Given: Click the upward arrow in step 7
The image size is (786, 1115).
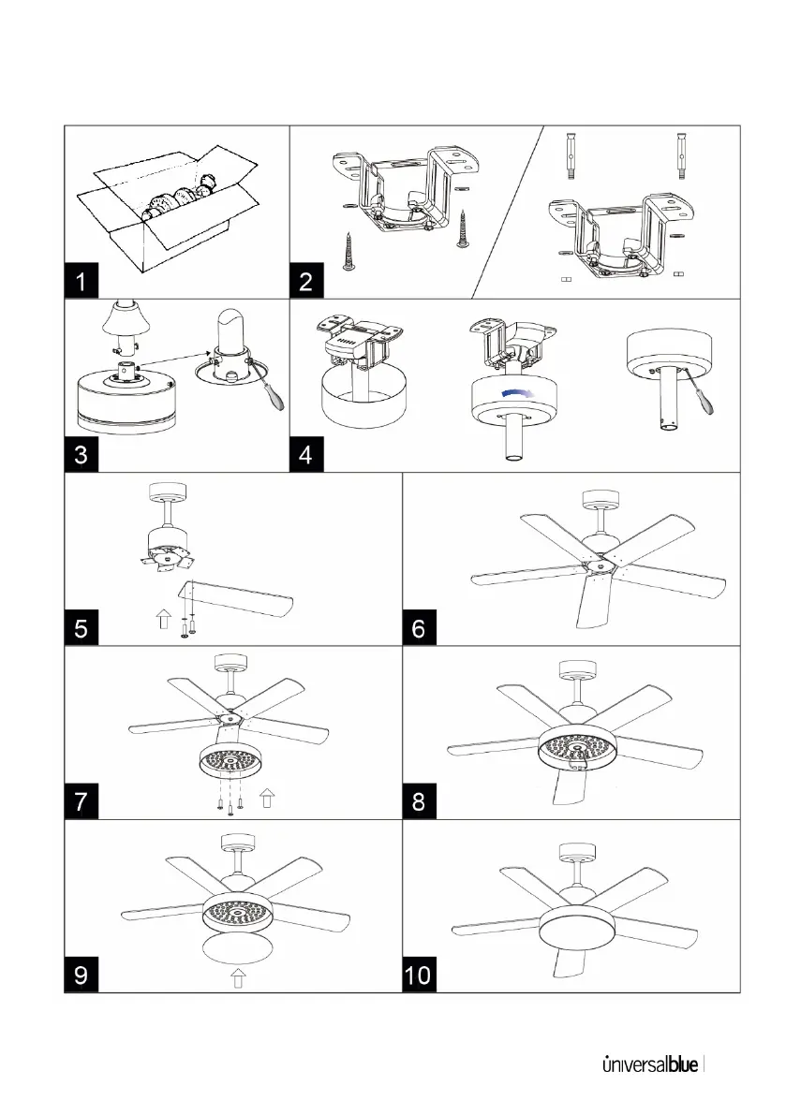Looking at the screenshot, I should pyautogui.click(x=266, y=798).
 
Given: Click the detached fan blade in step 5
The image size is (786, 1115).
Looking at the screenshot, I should pyautogui.click(x=239, y=596).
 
